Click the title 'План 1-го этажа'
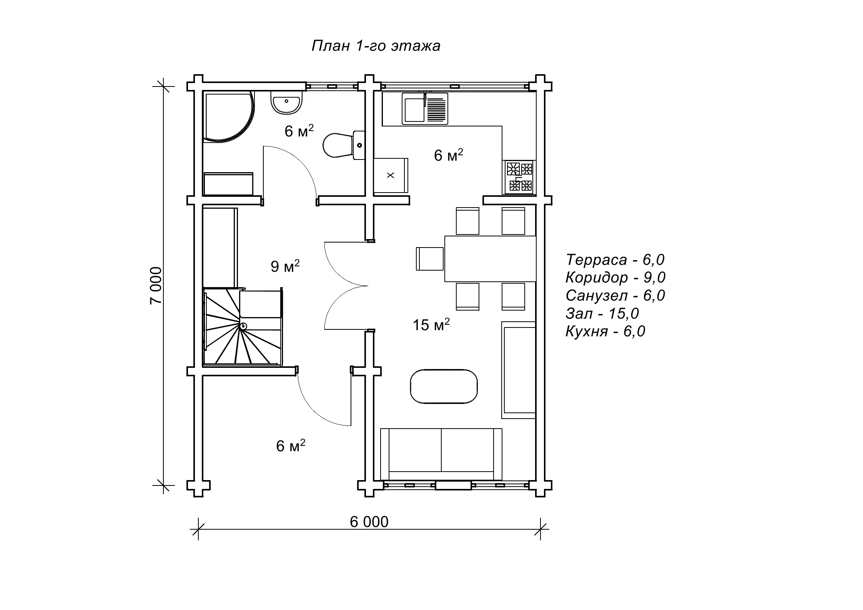click(x=376, y=46)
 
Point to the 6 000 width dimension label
click(x=369, y=522)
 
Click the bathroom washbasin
click(x=286, y=103)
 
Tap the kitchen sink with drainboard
click(x=425, y=109)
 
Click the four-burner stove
click(x=519, y=177)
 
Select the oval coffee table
click(x=444, y=386)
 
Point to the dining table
click(x=490, y=259)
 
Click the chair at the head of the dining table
click(x=430, y=259)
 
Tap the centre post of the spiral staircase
click(x=243, y=326)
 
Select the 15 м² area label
click(x=431, y=325)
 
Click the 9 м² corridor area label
click(x=285, y=266)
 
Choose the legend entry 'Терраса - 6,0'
click(x=615, y=260)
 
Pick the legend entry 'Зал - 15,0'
click(x=602, y=314)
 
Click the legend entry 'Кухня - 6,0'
click(x=605, y=331)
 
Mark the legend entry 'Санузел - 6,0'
click(x=615, y=296)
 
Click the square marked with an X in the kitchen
click(x=391, y=175)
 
